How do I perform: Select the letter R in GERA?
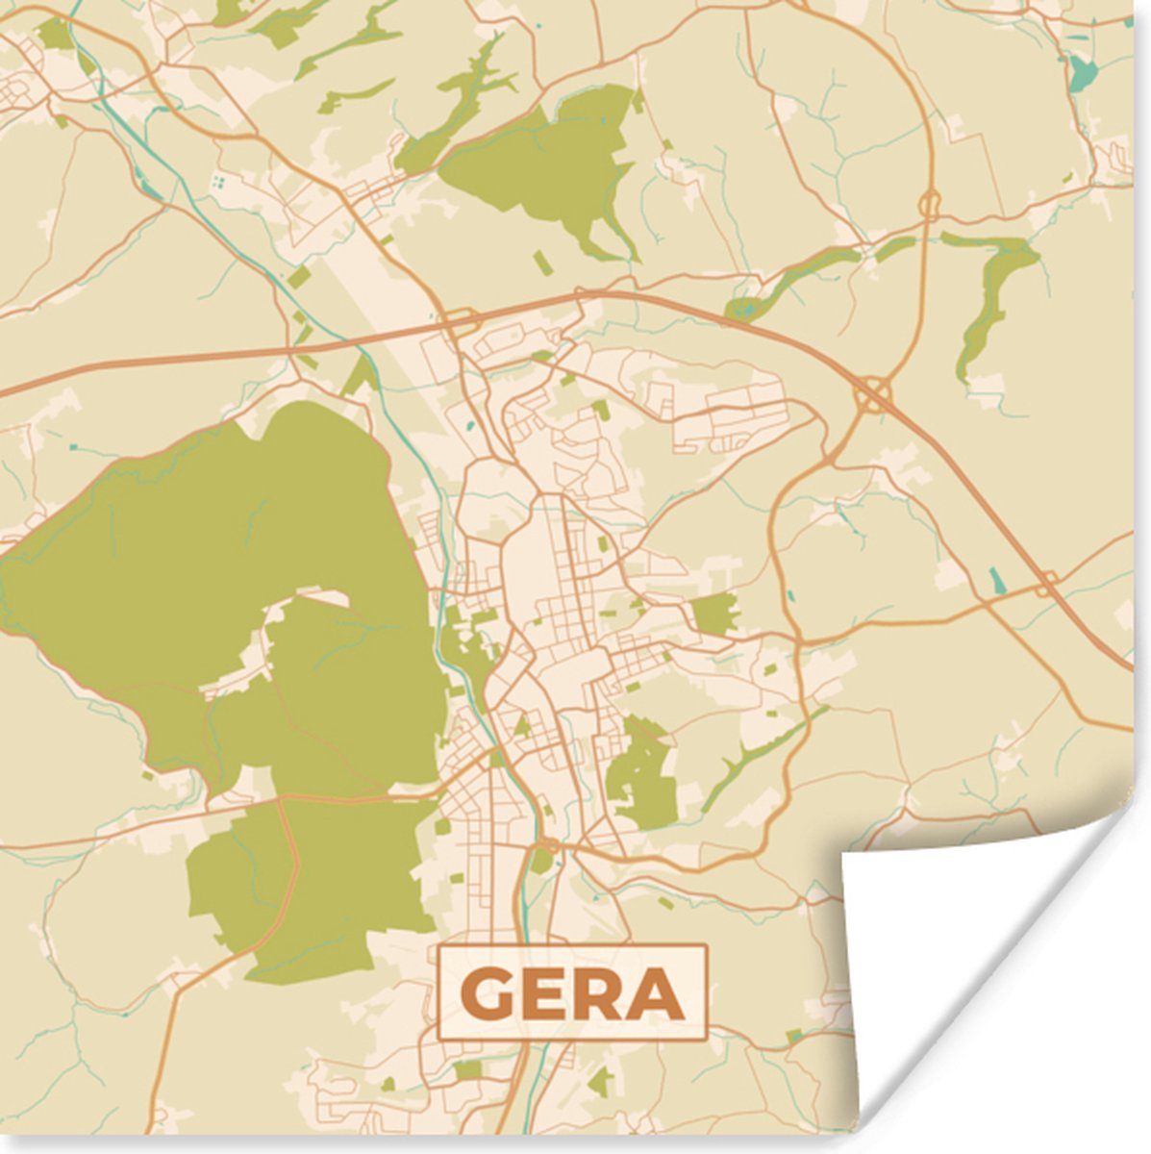[598, 994]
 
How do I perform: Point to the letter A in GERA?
[655, 994]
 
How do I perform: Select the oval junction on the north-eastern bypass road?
[929, 203]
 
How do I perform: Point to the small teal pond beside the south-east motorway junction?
[996, 580]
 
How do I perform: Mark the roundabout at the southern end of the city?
[548, 845]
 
